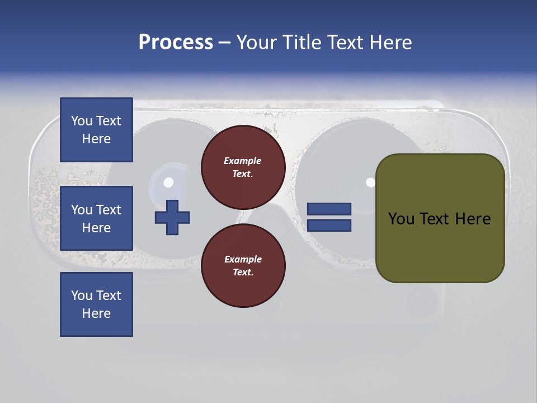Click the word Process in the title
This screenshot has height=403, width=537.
click(176, 43)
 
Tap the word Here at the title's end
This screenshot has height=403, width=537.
click(390, 43)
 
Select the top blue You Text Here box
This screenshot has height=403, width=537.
click(96, 130)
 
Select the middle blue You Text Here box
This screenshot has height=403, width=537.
click(96, 218)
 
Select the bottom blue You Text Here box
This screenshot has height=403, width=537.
click(96, 304)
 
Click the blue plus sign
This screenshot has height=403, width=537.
click(172, 217)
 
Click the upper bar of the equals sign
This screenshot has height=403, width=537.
click(329, 209)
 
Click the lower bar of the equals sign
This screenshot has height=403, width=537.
click(329, 226)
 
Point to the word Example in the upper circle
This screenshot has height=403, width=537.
click(242, 161)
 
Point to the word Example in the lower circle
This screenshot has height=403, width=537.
click(242, 259)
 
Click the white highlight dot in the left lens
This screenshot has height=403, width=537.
click(168, 182)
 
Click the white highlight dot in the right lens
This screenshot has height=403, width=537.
click(370, 182)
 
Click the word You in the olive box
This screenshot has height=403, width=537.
click(401, 219)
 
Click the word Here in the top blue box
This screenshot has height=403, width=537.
click(96, 139)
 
